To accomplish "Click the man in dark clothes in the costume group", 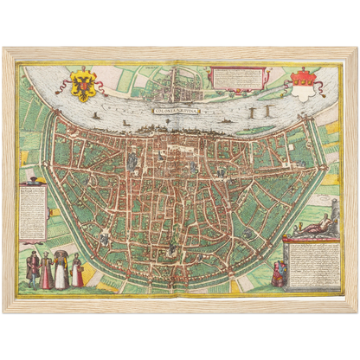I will [x=33, y=269].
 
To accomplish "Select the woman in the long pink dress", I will [x=47, y=271].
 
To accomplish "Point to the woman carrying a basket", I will [x=77, y=270].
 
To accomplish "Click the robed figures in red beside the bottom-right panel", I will [x=280, y=273].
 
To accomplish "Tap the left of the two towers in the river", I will [x=252, y=112].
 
